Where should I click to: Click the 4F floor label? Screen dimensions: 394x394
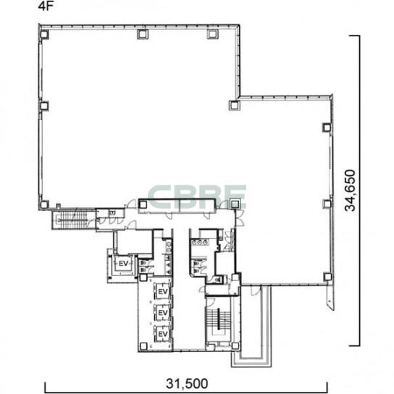point(46,7)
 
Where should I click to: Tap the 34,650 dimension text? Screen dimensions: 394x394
point(351,190)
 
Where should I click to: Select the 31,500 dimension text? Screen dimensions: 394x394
point(187,383)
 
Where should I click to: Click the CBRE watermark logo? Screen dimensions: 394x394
point(197,196)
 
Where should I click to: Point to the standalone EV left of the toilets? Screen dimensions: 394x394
point(123,264)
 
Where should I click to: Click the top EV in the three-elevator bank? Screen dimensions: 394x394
point(163,291)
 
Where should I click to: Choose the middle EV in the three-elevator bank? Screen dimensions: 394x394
point(163,313)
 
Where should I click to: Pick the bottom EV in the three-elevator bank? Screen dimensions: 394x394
point(163,334)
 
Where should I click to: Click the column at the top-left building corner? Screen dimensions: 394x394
point(44,34)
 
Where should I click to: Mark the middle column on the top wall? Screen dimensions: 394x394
point(143,34)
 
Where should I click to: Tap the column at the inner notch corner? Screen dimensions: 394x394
point(234,105)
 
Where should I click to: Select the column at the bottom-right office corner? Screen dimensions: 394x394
point(327,277)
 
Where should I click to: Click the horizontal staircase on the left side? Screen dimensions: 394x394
point(74,220)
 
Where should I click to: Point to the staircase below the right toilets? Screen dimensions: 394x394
point(218,319)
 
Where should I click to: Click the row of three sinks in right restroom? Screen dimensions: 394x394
point(201,242)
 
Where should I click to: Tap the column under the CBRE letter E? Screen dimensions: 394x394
point(235,204)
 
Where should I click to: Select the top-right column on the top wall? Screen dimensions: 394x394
point(212,34)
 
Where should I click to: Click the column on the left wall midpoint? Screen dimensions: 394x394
point(44,106)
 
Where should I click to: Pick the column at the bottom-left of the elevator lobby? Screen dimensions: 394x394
point(143,346)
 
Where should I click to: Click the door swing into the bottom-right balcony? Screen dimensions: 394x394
point(256,291)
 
